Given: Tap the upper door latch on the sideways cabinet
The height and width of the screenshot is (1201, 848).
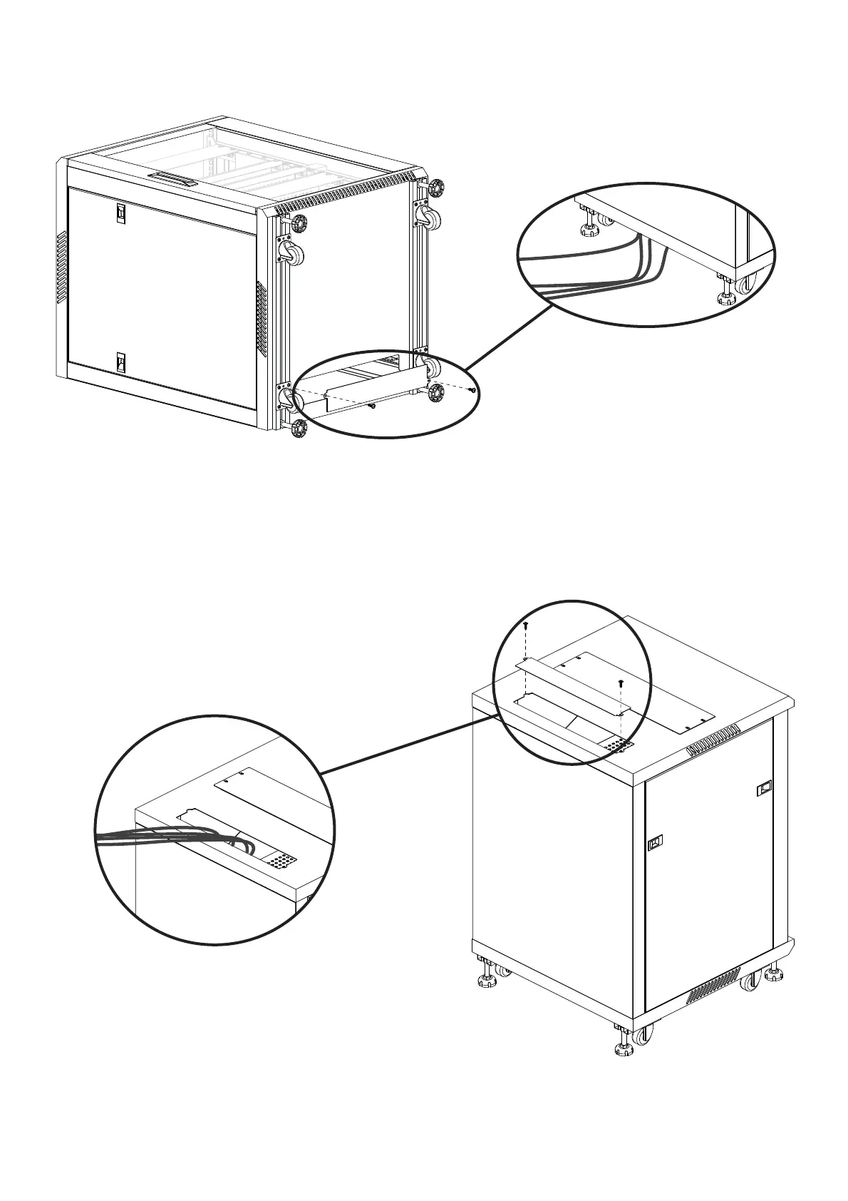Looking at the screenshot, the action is click(121, 213).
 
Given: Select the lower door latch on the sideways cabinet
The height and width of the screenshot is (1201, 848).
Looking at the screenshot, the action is click(121, 364).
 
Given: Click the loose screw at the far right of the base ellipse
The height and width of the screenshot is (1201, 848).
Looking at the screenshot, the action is click(473, 389).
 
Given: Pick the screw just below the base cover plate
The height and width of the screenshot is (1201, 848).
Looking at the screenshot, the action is click(372, 407).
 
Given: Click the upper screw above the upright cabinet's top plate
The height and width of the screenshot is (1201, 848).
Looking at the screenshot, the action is click(526, 625).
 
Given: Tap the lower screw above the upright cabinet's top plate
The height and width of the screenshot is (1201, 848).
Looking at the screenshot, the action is click(621, 683).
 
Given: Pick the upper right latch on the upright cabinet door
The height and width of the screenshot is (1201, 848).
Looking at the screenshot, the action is click(764, 788).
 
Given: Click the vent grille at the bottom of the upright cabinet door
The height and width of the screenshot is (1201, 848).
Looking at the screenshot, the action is click(713, 988).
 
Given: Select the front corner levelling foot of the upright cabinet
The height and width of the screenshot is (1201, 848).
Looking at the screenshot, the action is click(623, 1048).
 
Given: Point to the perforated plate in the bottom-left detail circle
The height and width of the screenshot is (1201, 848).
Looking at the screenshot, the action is click(283, 862).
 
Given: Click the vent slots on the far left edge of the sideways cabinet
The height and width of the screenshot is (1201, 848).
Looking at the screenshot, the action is click(61, 266).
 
